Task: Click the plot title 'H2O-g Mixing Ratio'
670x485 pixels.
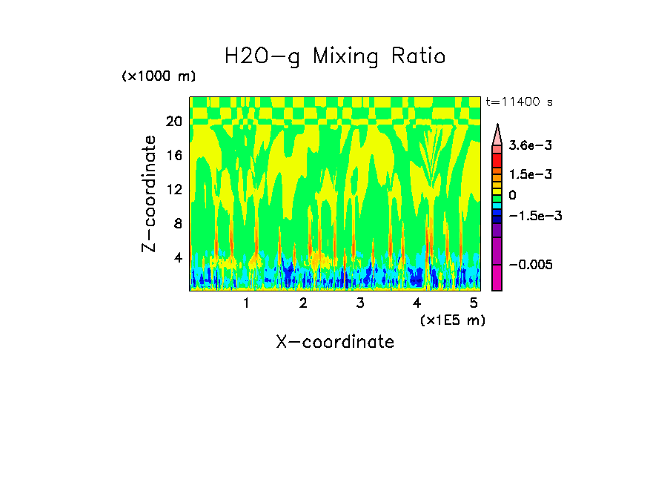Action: click(335, 56)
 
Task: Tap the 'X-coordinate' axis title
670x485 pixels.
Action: click(335, 342)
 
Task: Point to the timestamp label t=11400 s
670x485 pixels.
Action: click(519, 102)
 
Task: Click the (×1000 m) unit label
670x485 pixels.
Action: click(159, 77)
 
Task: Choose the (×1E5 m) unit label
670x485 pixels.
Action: click(452, 320)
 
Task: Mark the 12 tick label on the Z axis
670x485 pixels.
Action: click(173, 189)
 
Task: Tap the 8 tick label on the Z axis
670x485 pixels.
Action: click(177, 223)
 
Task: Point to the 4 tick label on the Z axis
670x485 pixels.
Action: click(177, 257)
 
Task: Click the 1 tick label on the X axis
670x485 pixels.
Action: click(246, 303)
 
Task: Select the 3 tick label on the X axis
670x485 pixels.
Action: click(359, 303)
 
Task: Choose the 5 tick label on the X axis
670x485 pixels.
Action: click(474, 303)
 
